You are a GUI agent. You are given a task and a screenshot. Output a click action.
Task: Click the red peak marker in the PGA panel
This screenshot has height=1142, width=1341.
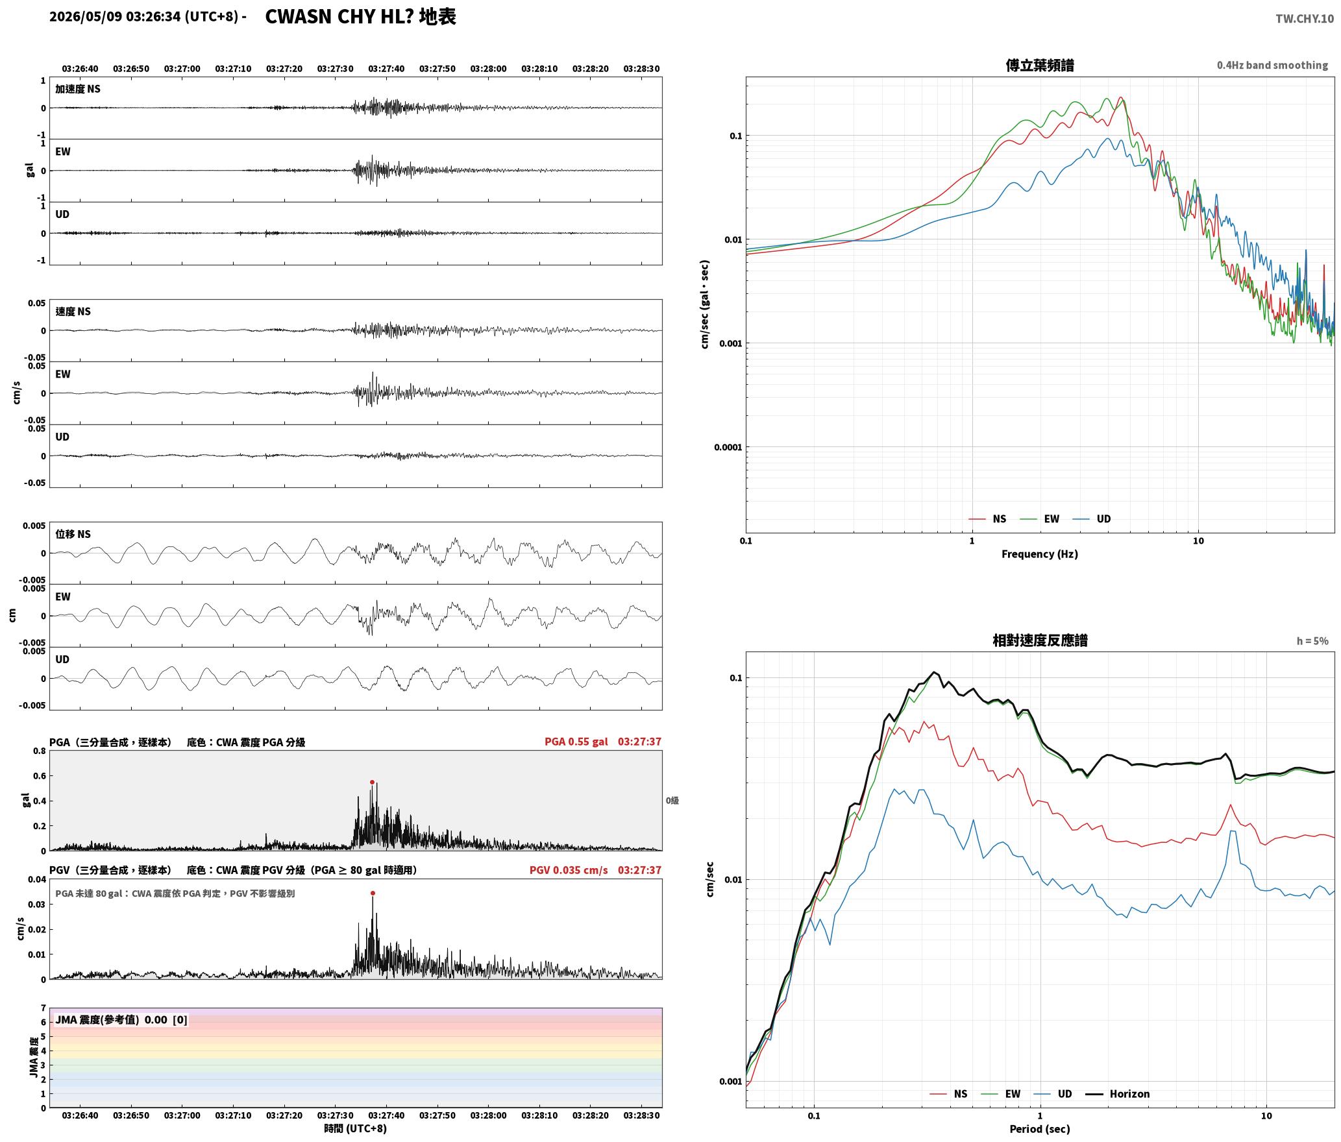(372, 782)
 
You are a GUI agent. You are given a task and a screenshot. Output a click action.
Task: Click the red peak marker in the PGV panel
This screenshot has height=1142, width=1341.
(373, 893)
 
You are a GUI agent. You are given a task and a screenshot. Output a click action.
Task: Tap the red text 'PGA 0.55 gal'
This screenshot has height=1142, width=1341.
(576, 742)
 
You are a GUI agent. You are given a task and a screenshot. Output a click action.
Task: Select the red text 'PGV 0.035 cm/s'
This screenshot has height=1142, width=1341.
(569, 870)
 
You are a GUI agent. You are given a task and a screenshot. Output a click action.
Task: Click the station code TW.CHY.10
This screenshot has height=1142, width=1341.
(1305, 19)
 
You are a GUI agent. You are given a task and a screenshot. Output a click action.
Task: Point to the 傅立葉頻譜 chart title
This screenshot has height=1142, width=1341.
(1040, 66)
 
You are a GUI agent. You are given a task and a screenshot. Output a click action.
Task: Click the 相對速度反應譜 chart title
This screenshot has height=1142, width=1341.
(1040, 640)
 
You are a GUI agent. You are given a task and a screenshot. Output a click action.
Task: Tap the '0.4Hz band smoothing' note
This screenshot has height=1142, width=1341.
(1272, 66)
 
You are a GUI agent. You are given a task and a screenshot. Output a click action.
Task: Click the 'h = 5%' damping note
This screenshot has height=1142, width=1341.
(1312, 641)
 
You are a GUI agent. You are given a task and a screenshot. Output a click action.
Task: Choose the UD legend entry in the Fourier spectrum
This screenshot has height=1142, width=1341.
(1092, 519)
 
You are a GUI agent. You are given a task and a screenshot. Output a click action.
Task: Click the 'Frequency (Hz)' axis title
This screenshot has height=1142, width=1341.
(1040, 554)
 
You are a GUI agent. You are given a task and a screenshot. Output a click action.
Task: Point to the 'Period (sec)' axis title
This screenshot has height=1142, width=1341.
(1040, 1129)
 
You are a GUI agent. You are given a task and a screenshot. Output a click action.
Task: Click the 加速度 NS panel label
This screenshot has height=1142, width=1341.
(78, 89)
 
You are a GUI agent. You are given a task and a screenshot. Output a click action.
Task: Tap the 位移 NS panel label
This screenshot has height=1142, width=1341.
(73, 534)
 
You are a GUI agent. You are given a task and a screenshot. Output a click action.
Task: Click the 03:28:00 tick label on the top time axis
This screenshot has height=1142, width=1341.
(488, 69)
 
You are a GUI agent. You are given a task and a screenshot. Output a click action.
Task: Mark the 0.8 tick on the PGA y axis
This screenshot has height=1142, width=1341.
(40, 751)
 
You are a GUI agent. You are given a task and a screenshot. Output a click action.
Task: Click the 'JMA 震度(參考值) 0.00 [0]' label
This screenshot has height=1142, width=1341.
(121, 1020)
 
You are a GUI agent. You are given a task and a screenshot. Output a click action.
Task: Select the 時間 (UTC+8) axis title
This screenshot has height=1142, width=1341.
(356, 1129)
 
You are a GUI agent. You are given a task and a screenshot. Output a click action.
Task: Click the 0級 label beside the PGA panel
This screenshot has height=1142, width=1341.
(672, 801)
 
